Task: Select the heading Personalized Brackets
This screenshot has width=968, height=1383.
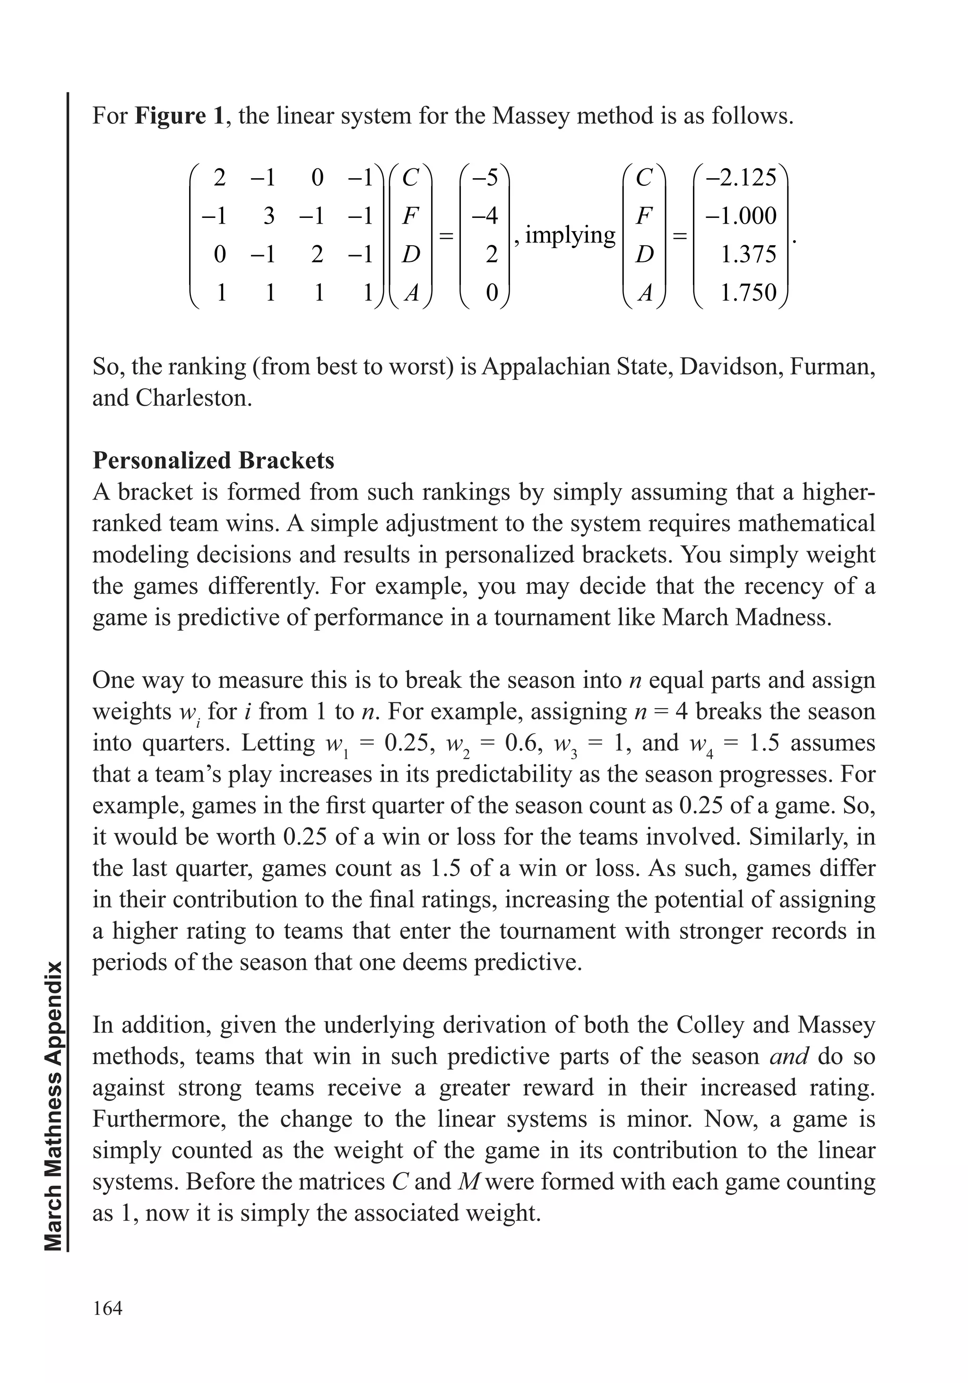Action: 213,460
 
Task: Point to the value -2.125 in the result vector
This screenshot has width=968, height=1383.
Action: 741,178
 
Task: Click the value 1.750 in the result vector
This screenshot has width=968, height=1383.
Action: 749,293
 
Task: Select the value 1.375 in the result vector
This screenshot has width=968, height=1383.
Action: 749,254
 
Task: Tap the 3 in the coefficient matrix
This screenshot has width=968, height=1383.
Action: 269,216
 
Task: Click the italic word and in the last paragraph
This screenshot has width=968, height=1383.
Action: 789,1056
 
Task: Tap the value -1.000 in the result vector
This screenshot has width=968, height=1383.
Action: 741,216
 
